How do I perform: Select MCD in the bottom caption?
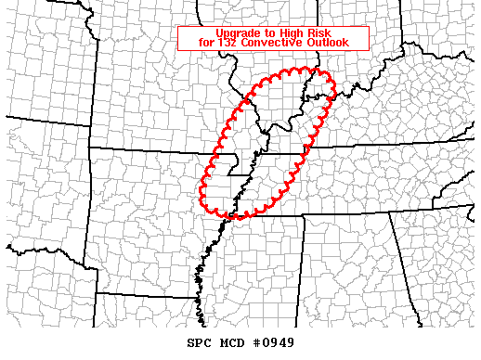click(231, 342)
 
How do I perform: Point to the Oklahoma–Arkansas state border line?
click(90, 213)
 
